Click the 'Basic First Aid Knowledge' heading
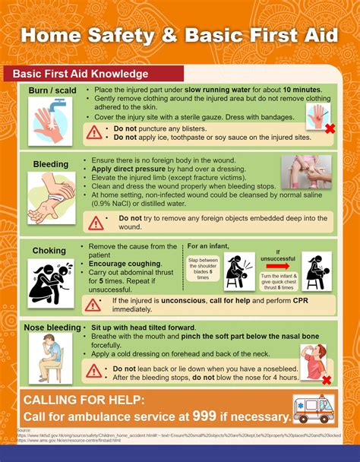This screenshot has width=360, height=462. [x=76, y=74]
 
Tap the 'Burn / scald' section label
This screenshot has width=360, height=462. [x=51, y=91]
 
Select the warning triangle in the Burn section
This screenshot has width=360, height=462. [x=94, y=133]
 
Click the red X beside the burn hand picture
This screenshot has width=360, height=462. [x=330, y=129]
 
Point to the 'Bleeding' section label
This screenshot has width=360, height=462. [x=51, y=164]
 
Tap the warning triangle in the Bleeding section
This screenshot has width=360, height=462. [x=96, y=223]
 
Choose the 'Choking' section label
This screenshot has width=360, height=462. [x=49, y=251]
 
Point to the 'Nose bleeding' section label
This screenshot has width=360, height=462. [x=52, y=328]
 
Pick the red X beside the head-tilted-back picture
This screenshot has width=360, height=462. [x=327, y=380]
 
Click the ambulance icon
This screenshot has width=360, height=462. [x=314, y=409]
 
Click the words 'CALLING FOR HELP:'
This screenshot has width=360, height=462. [x=84, y=400]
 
